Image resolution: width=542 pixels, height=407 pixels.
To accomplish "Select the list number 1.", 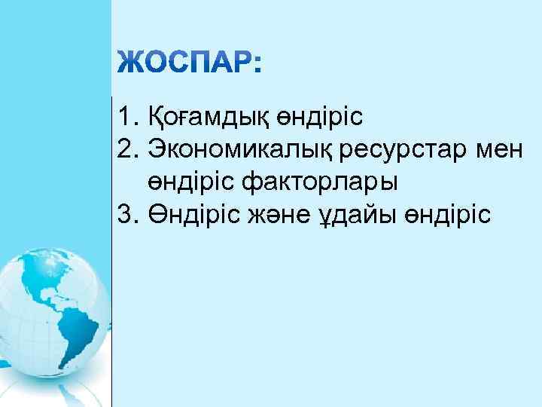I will point(125,117).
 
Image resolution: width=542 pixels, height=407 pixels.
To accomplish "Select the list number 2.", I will point(125,149).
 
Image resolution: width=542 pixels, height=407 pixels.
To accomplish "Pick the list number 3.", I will point(125,215).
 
